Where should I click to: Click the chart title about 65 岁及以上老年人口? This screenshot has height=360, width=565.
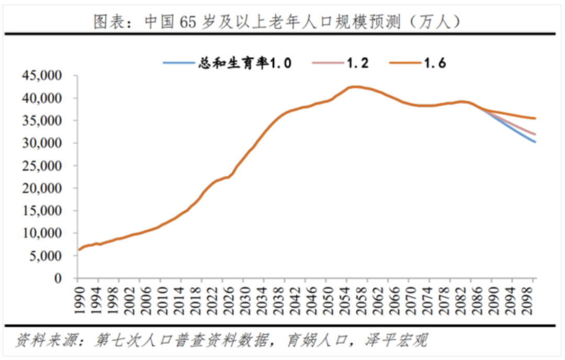[x=277, y=21]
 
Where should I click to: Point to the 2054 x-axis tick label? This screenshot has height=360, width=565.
[x=348, y=300]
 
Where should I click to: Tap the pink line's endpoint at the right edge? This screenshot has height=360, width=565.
[x=535, y=134]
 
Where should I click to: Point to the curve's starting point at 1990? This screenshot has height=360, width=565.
[x=78, y=250]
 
